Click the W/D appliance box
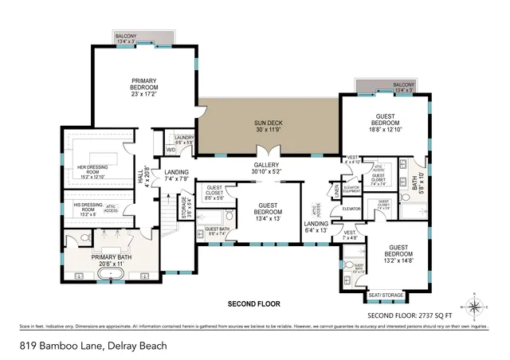coord(171,150)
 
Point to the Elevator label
coord(352,209)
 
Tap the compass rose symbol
coord(475,306)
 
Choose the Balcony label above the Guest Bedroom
coord(404,87)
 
